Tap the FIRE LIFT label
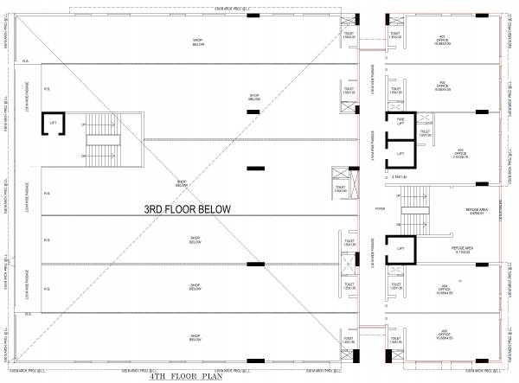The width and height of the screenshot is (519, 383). click(400, 122)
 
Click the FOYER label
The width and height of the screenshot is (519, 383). click(379, 208)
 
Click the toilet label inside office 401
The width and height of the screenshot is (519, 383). click(395, 36)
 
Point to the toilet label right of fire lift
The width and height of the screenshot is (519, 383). click(425, 133)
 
